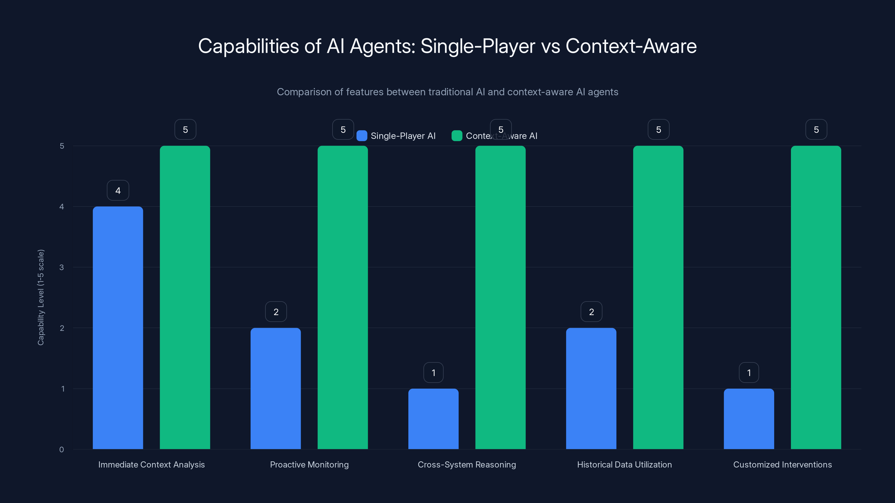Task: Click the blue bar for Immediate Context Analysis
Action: pos(118,328)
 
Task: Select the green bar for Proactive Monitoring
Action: pos(343,298)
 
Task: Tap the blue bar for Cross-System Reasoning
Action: pos(433,419)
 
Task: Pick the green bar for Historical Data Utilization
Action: pos(658,298)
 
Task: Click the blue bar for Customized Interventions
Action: pos(749,419)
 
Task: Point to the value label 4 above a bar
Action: pos(118,191)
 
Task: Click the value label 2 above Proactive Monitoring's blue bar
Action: pos(276,312)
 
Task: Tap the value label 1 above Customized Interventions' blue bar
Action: pos(749,372)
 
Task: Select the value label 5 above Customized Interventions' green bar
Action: pos(816,129)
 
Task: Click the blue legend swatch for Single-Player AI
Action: pos(362,136)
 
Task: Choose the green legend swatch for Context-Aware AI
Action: pos(456,136)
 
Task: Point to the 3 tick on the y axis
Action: pos(62,267)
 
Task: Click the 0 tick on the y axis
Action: pos(62,450)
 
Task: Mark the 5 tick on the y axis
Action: pos(62,146)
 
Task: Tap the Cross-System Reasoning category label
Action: pos(467,464)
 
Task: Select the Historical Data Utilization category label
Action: pos(624,464)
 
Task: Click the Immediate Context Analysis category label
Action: pos(152,464)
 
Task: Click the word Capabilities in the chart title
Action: pos(248,46)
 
